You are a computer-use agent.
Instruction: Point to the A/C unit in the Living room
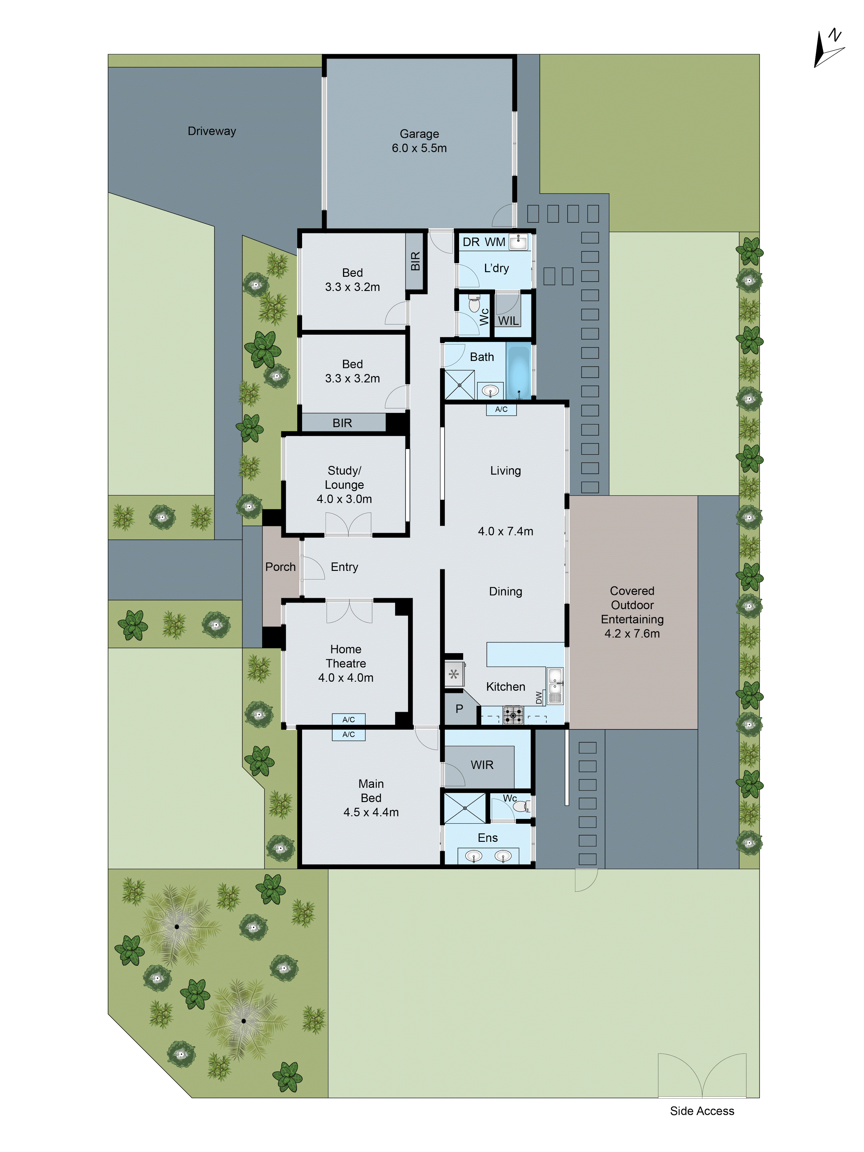pyautogui.click(x=501, y=409)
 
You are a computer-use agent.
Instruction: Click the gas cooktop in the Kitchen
pyautogui.click(x=513, y=715)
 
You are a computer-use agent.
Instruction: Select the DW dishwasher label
pyautogui.click(x=539, y=697)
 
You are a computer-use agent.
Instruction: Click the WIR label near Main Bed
pyautogui.click(x=482, y=765)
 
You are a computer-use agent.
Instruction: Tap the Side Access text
pyautogui.click(x=702, y=1111)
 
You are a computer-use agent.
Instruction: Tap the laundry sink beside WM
pyautogui.click(x=518, y=242)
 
